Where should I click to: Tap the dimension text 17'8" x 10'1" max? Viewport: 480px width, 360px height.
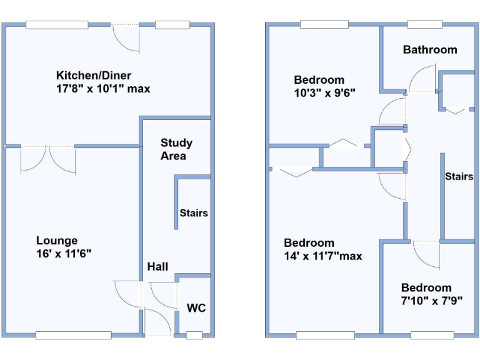click(x=103, y=89)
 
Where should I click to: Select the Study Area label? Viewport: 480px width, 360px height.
click(x=176, y=149)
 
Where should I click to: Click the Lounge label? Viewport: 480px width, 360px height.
click(x=57, y=241)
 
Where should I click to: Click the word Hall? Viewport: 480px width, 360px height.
click(x=157, y=267)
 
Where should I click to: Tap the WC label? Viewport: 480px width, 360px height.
click(x=196, y=308)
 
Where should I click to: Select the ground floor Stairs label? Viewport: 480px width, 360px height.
click(x=194, y=213)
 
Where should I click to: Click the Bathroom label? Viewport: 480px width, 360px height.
click(x=430, y=50)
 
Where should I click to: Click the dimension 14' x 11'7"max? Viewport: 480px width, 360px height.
click(x=322, y=256)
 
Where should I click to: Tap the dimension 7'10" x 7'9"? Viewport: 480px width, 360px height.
click(x=432, y=301)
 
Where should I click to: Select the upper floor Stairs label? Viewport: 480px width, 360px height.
click(x=459, y=177)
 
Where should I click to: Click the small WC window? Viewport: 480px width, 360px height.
click(x=194, y=336)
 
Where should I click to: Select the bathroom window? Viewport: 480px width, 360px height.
click(x=425, y=24)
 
